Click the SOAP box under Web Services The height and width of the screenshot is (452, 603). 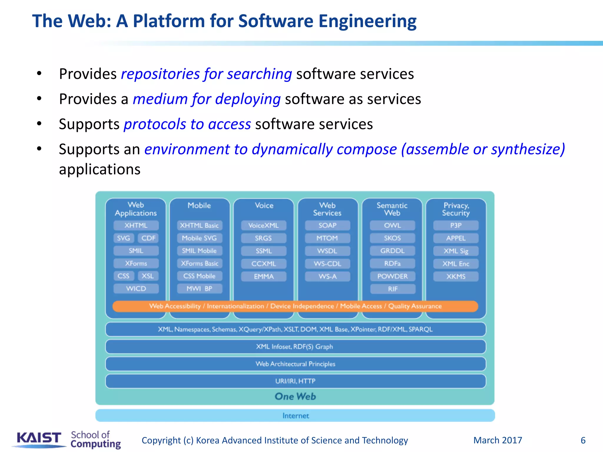point(327,225)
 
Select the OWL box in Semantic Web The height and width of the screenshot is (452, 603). point(392,225)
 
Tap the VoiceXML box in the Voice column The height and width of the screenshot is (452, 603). point(264,225)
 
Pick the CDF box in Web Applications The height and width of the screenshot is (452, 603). point(148,238)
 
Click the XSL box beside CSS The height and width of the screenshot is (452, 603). point(148,276)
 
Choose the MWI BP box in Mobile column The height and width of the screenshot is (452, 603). point(199,289)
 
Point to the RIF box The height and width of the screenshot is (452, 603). point(393,289)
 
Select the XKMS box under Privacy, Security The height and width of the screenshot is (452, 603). point(456,276)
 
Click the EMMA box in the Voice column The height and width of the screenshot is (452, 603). point(264,276)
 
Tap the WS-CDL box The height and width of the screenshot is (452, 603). point(327,264)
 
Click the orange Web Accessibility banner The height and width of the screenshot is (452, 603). point(295,306)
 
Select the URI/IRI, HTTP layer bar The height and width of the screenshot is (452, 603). point(295,381)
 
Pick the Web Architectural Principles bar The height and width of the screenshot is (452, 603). point(295,364)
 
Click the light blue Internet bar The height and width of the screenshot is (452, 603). point(295,416)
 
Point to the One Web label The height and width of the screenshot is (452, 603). point(295,396)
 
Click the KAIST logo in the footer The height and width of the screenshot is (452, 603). point(39,438)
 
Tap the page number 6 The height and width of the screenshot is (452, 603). point(583,440)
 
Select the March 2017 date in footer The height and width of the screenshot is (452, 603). point(498,440)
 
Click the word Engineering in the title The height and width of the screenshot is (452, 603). point(367,21)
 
